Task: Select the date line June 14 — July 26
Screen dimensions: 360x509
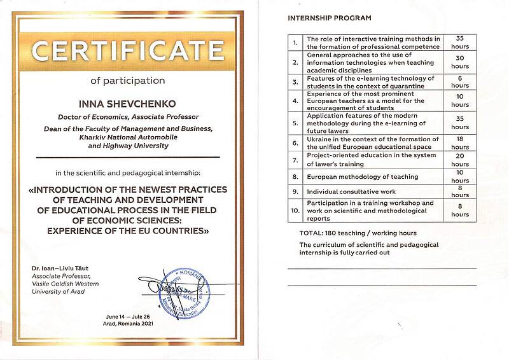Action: (128, 317)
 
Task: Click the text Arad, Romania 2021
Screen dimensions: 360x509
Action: (128, 324)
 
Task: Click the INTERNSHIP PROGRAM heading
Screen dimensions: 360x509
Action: (329, 18)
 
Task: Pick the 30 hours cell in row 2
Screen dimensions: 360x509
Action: (459, 62)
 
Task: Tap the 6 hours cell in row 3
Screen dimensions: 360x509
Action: (459, 81)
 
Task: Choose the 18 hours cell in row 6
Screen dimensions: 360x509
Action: (459, 142)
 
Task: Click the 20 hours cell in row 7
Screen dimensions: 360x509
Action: (459, 159)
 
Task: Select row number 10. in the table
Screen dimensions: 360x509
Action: (295, 209)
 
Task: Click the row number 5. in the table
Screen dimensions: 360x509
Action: (295, 123)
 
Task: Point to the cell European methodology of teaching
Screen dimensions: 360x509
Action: (362, 176)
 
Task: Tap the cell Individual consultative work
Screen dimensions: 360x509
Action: (351, 191)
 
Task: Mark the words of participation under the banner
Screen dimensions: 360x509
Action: (128, 81)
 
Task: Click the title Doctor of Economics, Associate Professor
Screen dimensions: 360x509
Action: (128, 117)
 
